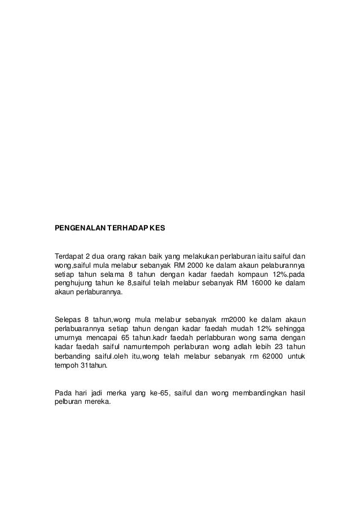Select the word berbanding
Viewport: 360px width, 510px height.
pos(73,357)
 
